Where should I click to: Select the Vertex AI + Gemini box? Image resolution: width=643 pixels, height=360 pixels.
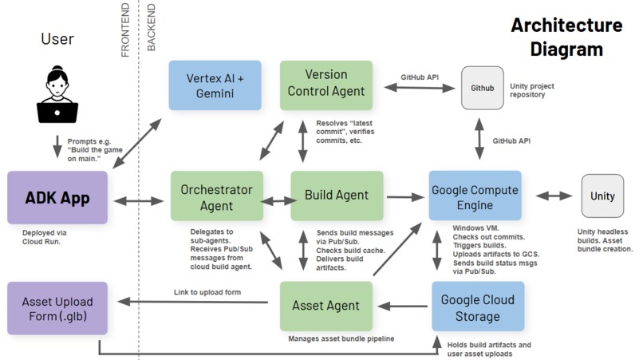point(215,85)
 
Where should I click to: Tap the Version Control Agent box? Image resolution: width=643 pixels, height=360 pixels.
point(325,85)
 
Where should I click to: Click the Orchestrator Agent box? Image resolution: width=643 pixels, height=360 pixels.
point(216,196)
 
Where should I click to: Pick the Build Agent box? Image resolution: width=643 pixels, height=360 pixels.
point(336,196)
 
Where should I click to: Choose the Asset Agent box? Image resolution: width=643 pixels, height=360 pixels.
point(325,306)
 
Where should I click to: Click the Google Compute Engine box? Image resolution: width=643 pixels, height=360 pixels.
point(475,196)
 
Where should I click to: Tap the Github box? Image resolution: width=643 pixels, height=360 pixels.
point(483,88)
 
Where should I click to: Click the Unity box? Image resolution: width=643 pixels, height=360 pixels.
point(602,196)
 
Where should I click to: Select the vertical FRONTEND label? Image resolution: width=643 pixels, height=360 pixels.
point(125,30)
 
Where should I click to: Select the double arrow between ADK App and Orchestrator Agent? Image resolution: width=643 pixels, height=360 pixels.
point(139,200)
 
